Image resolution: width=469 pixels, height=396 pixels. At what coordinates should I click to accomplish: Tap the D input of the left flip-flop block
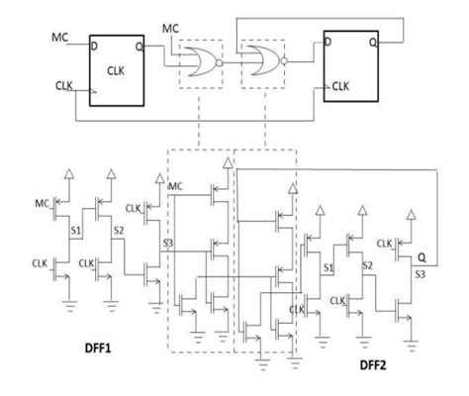pos(96,46)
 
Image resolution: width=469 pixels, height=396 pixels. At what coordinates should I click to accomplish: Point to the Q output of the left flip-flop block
pos(142,46)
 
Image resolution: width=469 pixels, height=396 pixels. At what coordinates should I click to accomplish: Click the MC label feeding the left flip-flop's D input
pos(59,38)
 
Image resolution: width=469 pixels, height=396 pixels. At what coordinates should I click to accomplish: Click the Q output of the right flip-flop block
pos(370,42)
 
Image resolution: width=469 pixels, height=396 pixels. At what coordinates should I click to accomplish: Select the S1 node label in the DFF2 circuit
pos(328,267)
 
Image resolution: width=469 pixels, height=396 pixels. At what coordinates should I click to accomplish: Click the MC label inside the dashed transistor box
pos(175,186)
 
